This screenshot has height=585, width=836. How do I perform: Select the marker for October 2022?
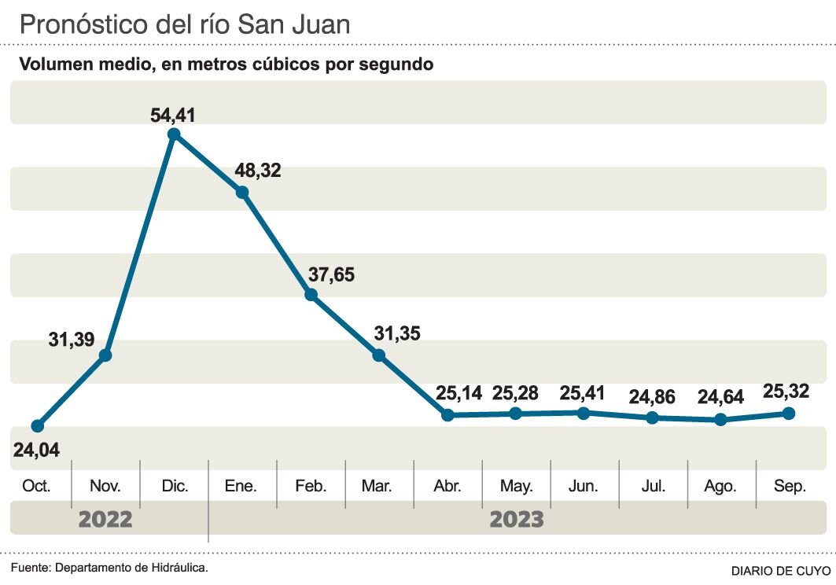[37, 426]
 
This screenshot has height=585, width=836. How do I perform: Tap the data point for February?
[311, 295]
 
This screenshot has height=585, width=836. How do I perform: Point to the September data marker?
[789, 414]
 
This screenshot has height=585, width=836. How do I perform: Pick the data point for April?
[447, 414]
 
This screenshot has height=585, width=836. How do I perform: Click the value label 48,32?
[259, 171]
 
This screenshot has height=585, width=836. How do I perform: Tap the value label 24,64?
[717, 397]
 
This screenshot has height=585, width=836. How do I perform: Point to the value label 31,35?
[397, 333]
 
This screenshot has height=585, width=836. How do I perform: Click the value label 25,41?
[584, 392]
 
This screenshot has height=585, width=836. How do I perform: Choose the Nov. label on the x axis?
[105, 487]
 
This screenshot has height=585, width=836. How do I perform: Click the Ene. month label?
[241, 487]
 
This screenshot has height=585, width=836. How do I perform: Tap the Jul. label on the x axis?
[653, 487]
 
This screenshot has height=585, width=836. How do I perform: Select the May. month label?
[516, 487]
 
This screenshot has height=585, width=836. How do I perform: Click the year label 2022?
[105, 520]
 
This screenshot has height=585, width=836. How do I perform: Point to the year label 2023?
[517, 520]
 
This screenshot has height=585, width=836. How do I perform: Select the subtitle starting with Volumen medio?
[226, 64]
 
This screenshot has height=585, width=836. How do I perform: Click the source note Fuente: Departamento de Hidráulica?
[109, 567]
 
